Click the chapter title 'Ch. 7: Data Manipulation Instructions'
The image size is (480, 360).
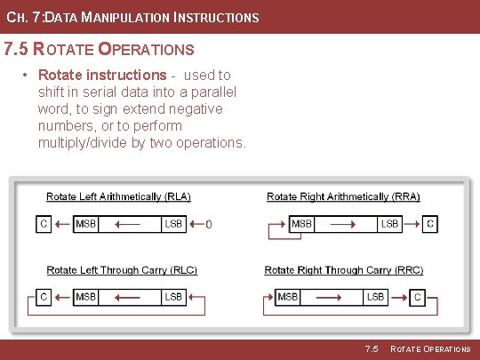point(132,18)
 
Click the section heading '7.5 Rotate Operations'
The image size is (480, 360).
point(99,49)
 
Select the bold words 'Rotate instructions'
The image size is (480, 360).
point(101,76)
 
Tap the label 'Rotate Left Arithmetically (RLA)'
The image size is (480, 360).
point(118,197)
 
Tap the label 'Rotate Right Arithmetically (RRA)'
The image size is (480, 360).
point(343,197)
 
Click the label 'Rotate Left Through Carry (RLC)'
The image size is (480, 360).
point(122,270)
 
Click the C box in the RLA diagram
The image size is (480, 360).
point(43,224)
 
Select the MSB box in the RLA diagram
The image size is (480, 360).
point(86,224)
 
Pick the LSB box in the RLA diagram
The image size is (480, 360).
point(173,224)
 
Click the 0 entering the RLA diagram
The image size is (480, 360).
point(208,225)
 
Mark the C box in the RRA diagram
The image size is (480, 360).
point(430,224)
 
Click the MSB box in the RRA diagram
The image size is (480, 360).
point(302,224)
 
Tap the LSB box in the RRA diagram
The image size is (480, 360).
point(389,224)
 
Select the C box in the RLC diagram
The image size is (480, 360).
point(43,296)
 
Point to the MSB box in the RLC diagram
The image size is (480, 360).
point(86,296)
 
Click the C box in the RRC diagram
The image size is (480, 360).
point(418,296)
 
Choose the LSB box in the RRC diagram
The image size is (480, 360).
point(376,296)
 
